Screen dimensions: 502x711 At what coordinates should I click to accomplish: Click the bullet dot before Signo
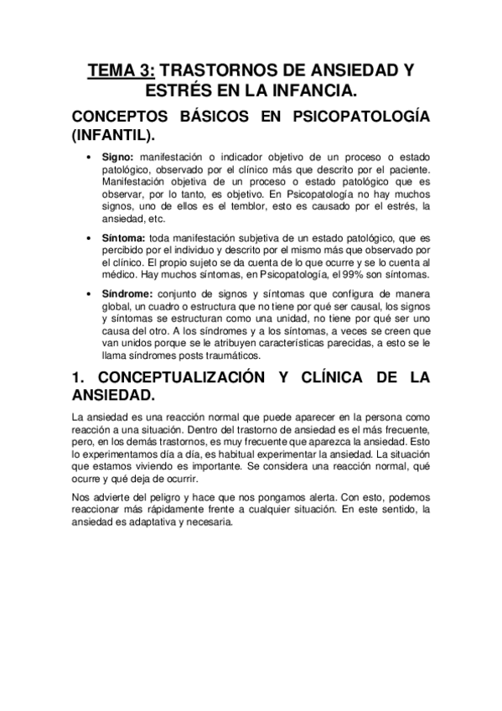(89, 157)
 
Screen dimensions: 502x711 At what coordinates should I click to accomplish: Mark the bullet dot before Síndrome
(89, 293)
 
